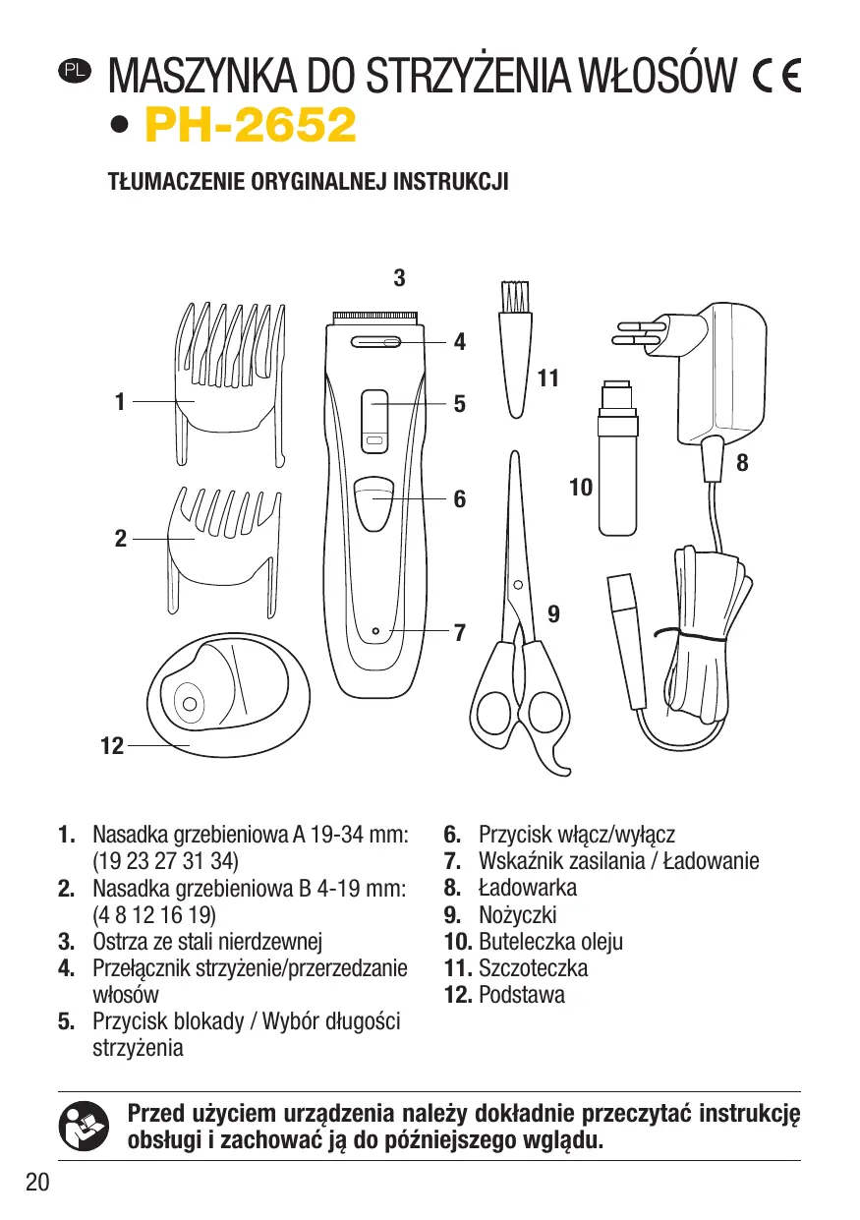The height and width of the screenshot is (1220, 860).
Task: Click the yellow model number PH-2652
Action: [250, 125]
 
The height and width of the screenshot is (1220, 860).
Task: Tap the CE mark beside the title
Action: [775, 75]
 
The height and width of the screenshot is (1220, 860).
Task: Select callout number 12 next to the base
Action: [112, 746]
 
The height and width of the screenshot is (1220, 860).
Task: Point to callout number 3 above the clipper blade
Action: [399, 278]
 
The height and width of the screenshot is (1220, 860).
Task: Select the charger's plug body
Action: [721, 374]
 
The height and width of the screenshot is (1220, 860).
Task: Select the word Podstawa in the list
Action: [521, 994]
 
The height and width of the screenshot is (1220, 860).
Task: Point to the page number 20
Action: [37, 1183]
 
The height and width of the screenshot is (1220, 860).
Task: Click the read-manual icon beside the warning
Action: [81, 1126]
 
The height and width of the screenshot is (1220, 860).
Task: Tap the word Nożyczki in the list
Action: [517, 914]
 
